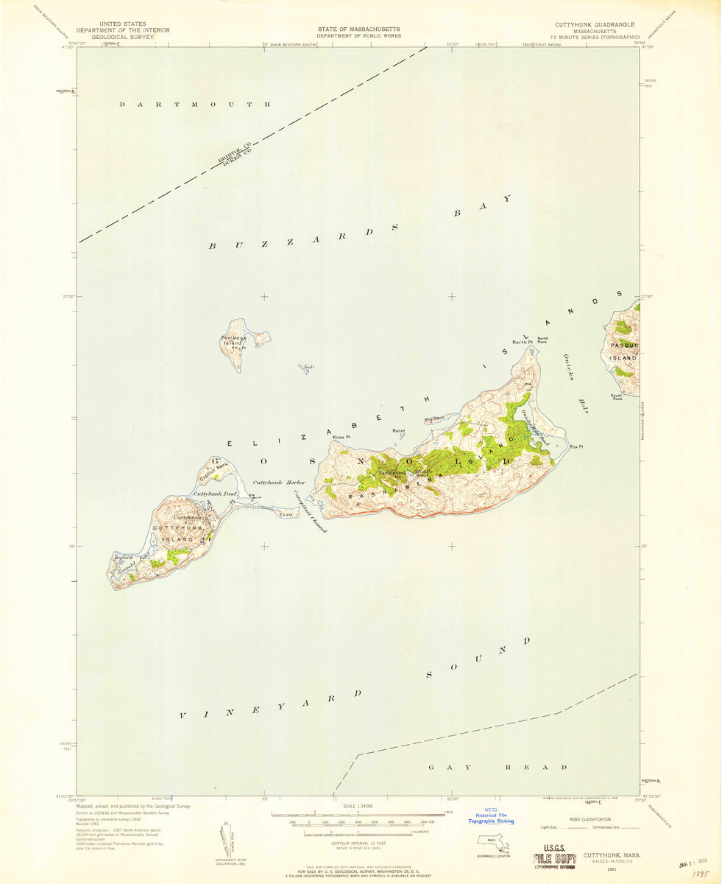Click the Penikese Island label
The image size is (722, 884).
pyautogui.click(x=232, y=340)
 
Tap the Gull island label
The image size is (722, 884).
pyautogui.click(x=309, y=366)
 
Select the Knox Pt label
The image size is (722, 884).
pyautogui.click(x=341, y=438)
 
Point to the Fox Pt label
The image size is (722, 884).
pyautogui.click(x=576, y=446)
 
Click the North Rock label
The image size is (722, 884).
pyautogui.click(x=542, y=340)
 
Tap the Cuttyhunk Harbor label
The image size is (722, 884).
pyautogui.click(x=274, y=482)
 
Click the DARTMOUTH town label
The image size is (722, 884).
pyautogui.click(x=195, y=105)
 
